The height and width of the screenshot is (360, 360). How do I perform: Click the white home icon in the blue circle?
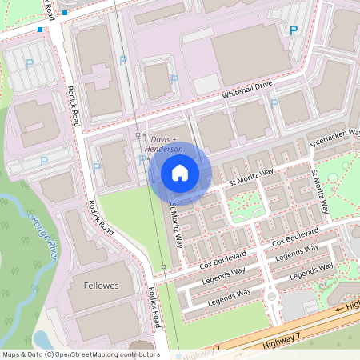point(180,173)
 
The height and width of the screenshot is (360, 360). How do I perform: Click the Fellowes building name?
point(101,286)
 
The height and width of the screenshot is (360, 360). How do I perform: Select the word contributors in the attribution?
point(138,354)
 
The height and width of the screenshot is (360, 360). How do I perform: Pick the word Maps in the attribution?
point(11,354)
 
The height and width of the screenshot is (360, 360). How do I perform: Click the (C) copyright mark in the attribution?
point(49,354)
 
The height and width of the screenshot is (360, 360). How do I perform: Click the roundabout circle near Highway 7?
point(272,298)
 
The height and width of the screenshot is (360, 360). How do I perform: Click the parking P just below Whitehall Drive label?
point(274,103)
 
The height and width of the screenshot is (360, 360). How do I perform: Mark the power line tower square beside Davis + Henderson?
point(138,135)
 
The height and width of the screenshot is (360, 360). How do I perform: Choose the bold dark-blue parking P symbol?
point(293,30)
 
